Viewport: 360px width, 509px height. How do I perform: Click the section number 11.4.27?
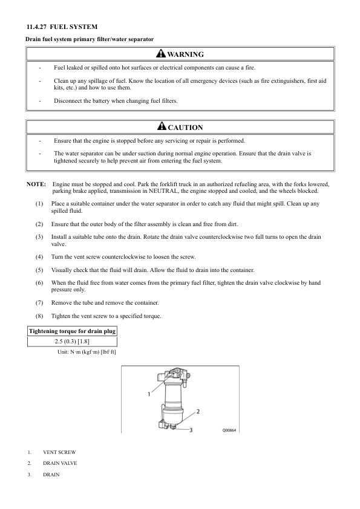(x=37, y=27)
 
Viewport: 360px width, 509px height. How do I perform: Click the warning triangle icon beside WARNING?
(x=161, y=53)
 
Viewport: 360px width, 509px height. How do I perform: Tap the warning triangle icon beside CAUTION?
(x=162, y=126)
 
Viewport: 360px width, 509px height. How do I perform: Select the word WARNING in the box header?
(x=186, y=54)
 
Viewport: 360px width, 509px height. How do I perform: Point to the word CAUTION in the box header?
(x=186, y=128)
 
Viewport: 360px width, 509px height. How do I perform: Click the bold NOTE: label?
(x=36, y=184)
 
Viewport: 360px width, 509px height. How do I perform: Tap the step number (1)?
(x=39, y=204)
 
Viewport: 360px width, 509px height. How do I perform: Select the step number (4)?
(x=39, y=257)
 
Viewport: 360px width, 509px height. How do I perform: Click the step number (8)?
(x=39, y=316)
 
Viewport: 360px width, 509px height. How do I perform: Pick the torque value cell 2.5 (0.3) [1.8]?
(x=72, y=342)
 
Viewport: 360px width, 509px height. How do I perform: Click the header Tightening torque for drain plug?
(x=72, y=331)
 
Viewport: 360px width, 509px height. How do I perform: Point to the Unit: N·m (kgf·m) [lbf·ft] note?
(x=87, y=352)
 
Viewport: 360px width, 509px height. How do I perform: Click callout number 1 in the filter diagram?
(x=149, y=394)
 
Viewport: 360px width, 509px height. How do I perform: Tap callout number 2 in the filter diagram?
(x=198, y=412)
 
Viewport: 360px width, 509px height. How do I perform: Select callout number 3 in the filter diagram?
(x=191, y=430)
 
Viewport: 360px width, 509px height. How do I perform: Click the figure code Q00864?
(x=229, y=430)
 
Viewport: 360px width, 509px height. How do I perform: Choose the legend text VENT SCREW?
(x=59, y=452)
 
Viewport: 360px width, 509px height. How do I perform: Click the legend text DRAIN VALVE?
(x=60, y=463)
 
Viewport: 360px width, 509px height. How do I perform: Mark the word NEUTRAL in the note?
(x=163, y=191)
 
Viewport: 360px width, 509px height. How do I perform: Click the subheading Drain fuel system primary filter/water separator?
(x=90, y=39)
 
